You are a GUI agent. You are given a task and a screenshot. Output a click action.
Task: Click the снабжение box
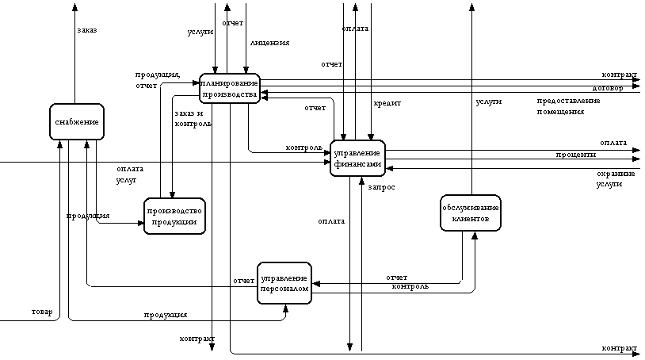76,122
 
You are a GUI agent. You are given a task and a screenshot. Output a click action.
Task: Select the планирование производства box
230,89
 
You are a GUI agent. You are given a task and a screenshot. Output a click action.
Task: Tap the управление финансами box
357,158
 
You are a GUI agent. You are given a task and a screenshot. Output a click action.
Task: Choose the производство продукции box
174,216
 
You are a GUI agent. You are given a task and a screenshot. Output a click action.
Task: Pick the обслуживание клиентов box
471,213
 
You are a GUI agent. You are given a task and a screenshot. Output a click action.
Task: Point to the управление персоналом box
284,283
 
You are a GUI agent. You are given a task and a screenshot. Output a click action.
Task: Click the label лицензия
269,43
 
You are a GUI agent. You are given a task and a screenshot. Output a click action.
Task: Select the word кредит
387,103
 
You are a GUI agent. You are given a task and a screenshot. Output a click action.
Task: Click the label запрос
382,187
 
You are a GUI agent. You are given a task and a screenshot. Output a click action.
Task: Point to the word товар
42,312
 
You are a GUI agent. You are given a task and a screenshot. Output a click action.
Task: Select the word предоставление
568,101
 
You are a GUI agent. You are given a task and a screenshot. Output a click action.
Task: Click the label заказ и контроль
193,118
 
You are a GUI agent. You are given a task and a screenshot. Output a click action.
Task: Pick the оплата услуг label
129,174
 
